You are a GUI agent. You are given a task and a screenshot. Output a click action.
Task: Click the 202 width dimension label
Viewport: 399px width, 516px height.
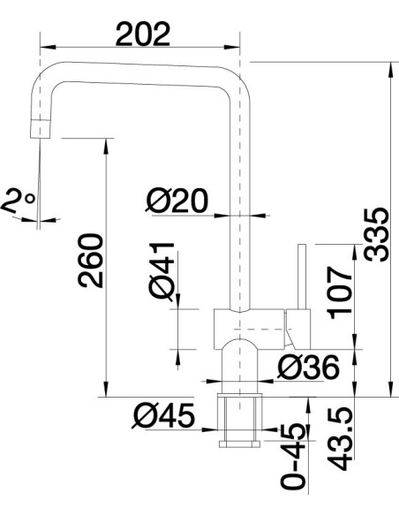point(143,34)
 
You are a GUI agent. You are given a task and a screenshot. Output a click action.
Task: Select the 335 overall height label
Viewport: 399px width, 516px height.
point(377,235)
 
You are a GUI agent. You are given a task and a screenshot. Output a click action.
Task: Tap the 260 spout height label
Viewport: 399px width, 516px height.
point(90,261)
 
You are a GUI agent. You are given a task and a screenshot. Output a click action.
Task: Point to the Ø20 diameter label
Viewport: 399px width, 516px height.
point(177,201)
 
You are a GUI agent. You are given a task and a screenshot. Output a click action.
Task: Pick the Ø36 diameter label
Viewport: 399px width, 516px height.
point(308,367)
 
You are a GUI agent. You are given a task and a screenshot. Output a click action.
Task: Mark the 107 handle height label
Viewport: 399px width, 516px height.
point(341,292)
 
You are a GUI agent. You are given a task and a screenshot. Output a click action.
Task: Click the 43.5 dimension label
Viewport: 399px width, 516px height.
point(341,438)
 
